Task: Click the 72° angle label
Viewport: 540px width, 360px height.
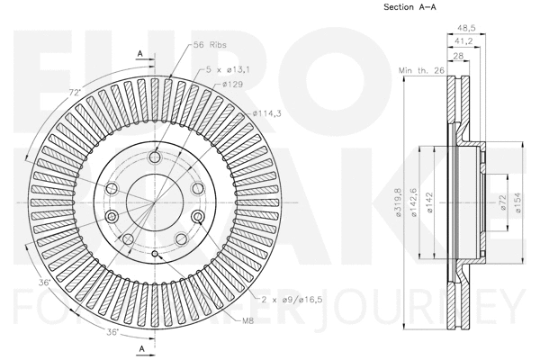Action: pos(74,92)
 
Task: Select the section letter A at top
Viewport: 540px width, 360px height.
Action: pos(140,54)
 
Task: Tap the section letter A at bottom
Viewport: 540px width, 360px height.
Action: pos(140,346)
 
